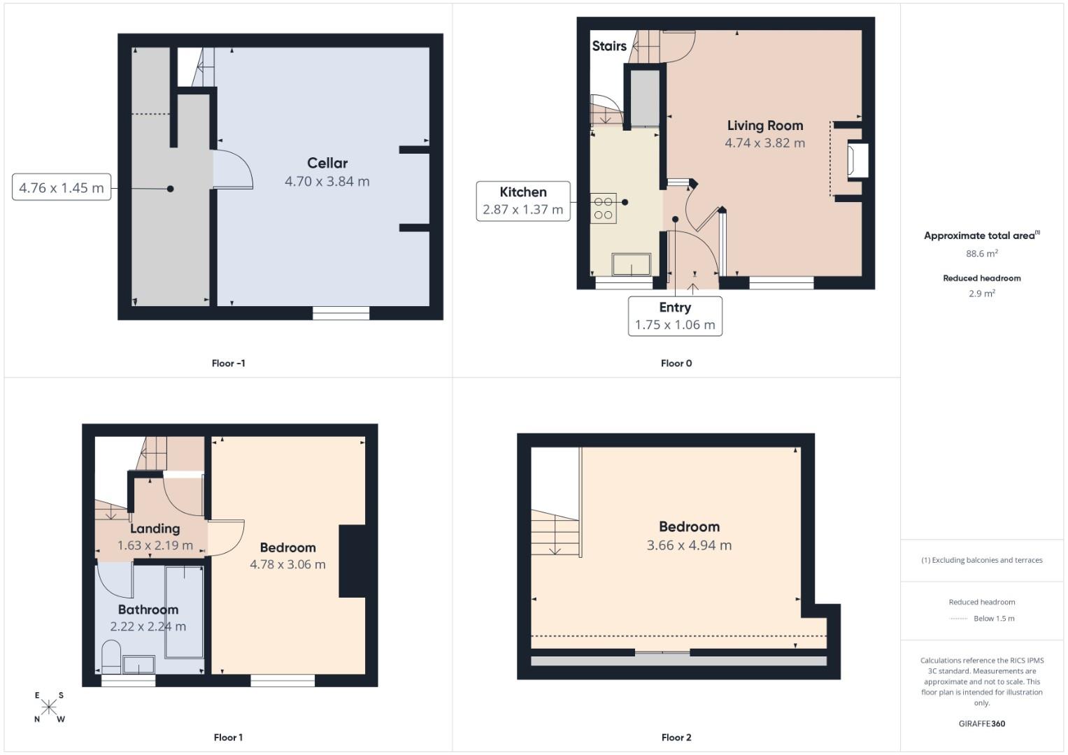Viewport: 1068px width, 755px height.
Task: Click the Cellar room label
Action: tap(327, 163)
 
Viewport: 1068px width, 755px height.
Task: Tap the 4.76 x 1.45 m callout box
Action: tap(62, 187)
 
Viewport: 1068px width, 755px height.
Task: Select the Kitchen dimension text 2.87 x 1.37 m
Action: tap(522, 209)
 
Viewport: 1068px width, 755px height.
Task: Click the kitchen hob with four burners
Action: tap(603, 208)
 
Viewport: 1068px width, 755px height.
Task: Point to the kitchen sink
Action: tap(631, 265)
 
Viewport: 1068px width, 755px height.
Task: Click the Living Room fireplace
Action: tap(857, 160)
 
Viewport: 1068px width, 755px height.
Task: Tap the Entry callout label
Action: tap(674, 308)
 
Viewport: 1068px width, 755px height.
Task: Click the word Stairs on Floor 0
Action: tap(609, 46)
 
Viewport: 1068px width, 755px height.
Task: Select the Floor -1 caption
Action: tap(228, 363)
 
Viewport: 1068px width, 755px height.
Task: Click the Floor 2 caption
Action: tap(676, 737)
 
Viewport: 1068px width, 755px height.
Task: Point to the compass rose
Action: tap(49, 707)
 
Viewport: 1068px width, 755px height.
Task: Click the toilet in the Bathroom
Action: tap(111, 657)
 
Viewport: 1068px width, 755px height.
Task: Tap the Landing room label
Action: tap(155, 528)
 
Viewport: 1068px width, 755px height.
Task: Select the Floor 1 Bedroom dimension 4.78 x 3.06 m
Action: tap(287, 564)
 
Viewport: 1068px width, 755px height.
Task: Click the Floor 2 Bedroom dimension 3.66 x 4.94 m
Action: tap(689, 545)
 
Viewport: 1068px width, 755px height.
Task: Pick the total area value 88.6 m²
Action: tap(981, 254)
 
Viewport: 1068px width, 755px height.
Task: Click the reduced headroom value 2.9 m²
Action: tap(981, 294)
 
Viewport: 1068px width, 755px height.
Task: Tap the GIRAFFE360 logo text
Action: tap(981, 724)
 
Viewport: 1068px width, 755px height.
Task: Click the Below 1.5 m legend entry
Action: tap(993, 618)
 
